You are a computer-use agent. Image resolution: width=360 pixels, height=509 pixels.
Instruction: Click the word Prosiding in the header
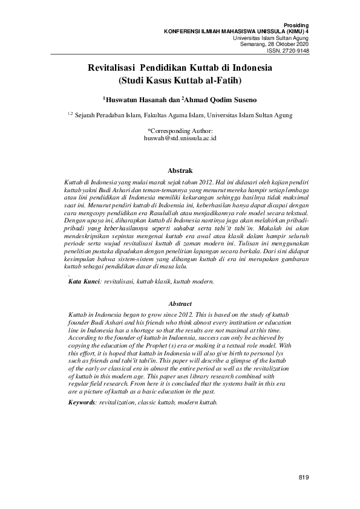(295, 25)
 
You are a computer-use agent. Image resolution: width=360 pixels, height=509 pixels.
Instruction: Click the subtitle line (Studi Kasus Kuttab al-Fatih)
(180, 80)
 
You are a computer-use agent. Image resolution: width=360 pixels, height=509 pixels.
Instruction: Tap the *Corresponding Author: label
(180, 131)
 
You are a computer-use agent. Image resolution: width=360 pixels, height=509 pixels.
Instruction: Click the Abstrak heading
(180, 170)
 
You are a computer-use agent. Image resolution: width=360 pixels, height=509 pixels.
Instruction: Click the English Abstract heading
(180, 303)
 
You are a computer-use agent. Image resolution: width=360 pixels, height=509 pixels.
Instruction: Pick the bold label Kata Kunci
(84, 282)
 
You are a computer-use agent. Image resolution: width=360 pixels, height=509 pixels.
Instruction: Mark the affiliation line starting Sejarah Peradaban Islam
(184, 115)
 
